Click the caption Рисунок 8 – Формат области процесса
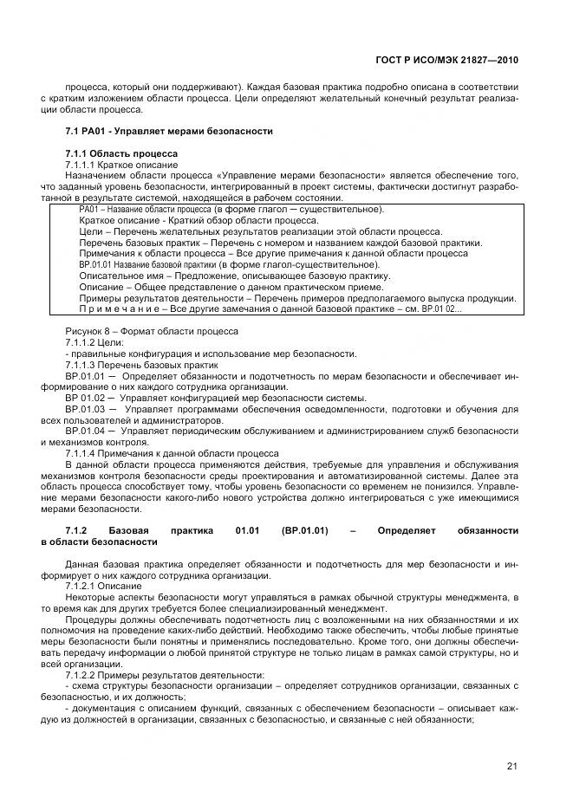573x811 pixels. (x=153, y=332)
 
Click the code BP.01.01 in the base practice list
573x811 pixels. (x=85, y=376)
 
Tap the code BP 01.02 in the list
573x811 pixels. (x=85, y=398)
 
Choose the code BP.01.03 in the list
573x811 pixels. (x=85, y=409)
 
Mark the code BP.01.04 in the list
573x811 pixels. (x=85, y=431)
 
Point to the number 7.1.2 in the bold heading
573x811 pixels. (x=77, y=530)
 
